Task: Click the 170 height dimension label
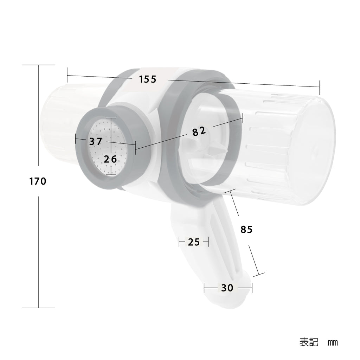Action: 38,181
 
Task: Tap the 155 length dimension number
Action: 148,79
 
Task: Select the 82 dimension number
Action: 199,131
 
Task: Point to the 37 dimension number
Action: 96,141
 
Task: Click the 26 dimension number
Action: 110,159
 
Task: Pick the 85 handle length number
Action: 246,229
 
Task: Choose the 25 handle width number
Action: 194,242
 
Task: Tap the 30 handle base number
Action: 227,288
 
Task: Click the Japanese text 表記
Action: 309,342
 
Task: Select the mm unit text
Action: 333,343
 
